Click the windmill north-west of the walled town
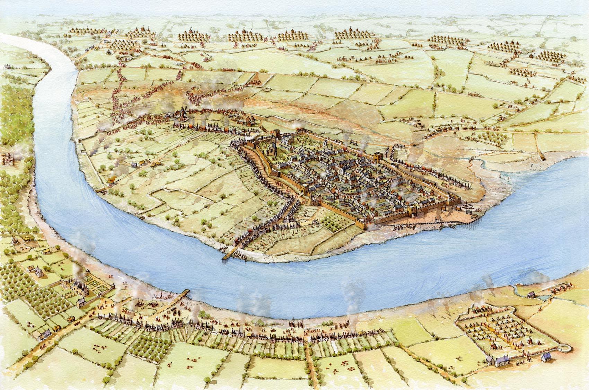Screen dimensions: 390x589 click(182, 113)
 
